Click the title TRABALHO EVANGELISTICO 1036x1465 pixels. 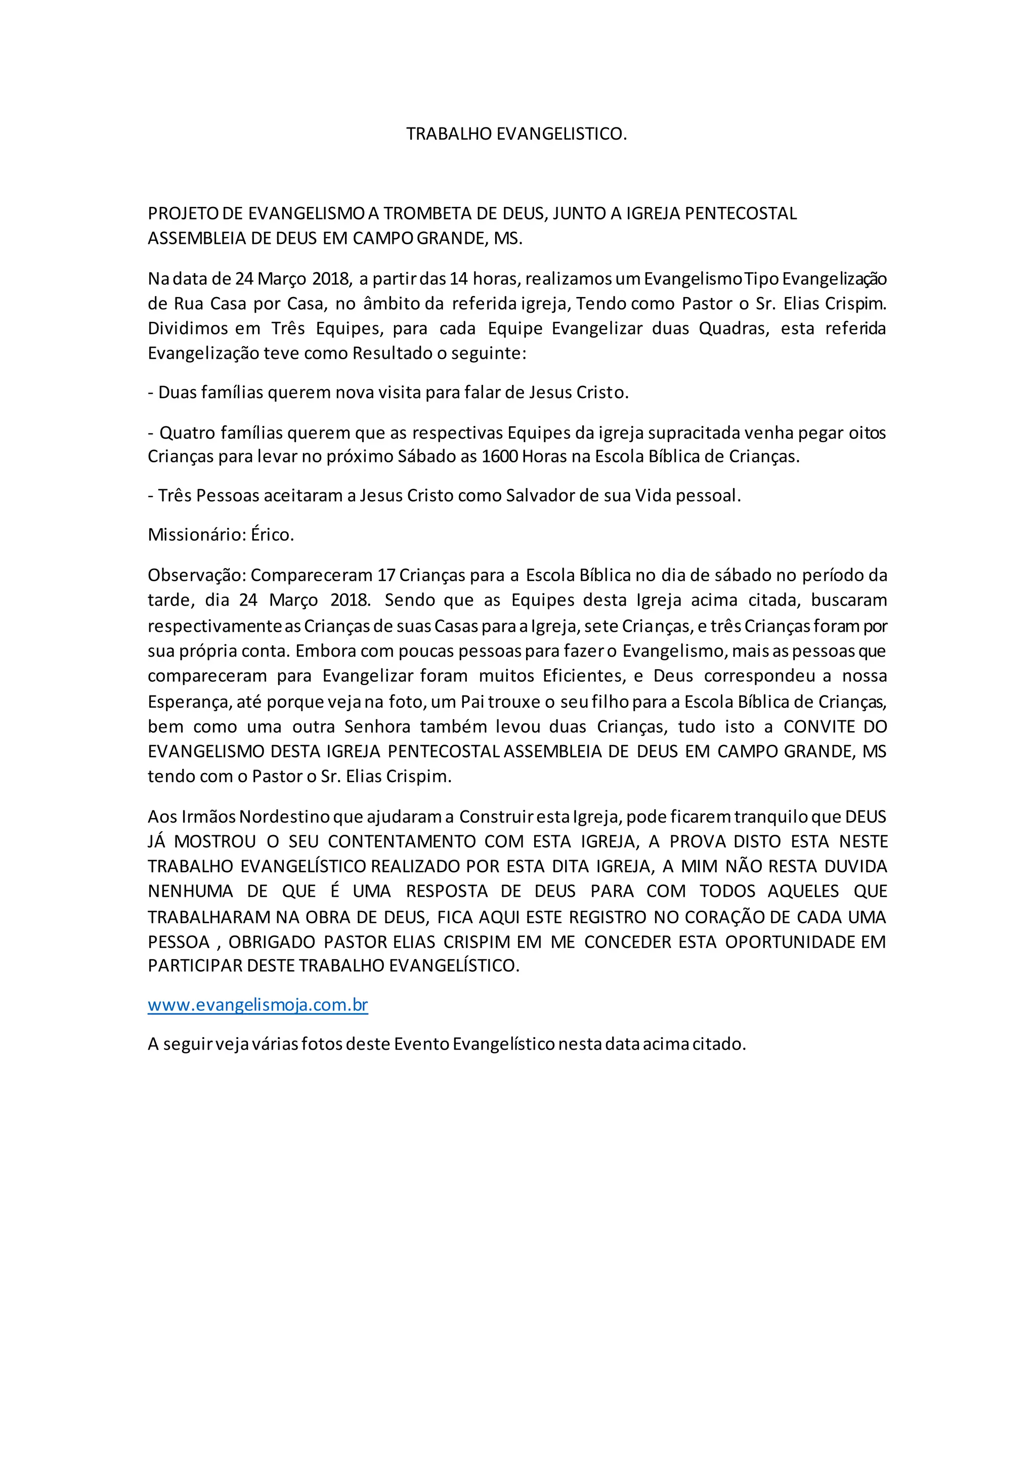[x=516, y=134]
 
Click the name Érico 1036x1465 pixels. [x=272, y=535]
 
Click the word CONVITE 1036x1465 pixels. [x=819, y=727]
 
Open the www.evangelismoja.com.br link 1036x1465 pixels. [x=257, y=1005]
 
